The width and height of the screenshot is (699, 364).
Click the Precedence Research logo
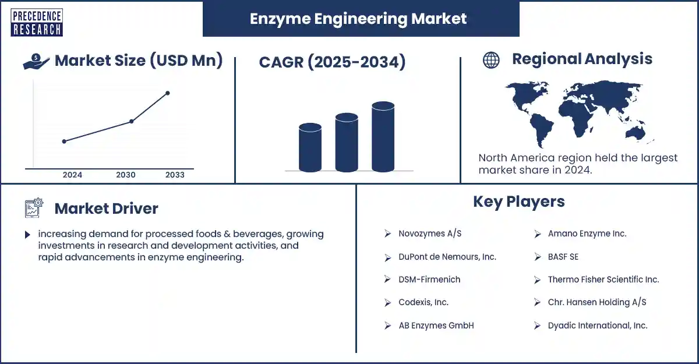pyautogui.click(x=37, y=23)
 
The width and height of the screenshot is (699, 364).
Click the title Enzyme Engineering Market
pyautogui.click(x=358, y=19)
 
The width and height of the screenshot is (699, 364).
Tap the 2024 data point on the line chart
pyautogui.click(x=64, y=142)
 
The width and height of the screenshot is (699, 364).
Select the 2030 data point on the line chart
pyautogui.click(x=132, y=121)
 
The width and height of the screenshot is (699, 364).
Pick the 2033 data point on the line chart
pyautogui.click(x=168, y=93)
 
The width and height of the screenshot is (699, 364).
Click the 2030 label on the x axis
pyautogui.click(x=126, y=175)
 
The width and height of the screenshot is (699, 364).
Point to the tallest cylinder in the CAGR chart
pyautogui.click(x=383, y=137)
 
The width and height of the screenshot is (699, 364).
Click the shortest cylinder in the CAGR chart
pyautogui.click(x=310, y=147)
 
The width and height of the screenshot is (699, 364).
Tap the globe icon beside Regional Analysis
pyautogui.click(x=491, y=60)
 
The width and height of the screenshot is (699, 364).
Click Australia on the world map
pyautogui.click(x=636, y=133)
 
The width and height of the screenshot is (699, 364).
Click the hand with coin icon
pyautogui.click(x=36, y=61)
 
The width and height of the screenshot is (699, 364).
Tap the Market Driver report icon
pyautogui.click(x=34, y=208)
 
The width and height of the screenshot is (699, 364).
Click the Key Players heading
pyautogui.click(x=519, y=202)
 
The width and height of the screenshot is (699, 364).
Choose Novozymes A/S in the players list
pyautogui.click(x=430, y=234)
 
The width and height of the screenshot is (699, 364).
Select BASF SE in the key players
pyautogui.click(x=563, y=257)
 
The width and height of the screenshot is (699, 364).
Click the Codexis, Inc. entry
pyautogui.click(x=423, y=302)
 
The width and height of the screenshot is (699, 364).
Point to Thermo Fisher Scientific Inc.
pyautogui.click(x=603, y=280)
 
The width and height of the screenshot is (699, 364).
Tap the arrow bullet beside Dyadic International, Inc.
pyautogui.click(x=537, y=326)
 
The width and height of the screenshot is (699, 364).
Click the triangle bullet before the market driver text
pyautogui.click(x=27, y=235)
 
